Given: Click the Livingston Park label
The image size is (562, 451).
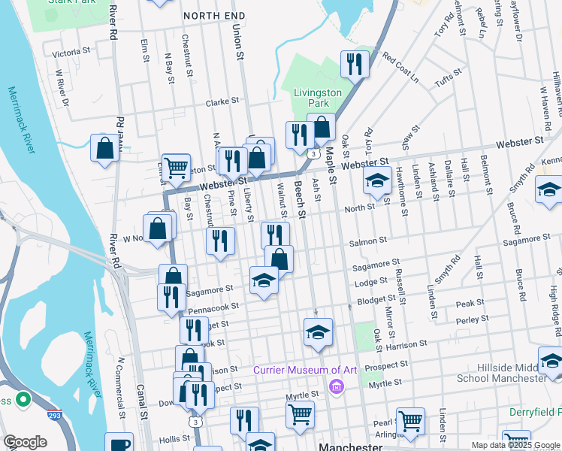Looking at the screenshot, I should pos(318,98).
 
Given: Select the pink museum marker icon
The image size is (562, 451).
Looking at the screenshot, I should pos(336,387).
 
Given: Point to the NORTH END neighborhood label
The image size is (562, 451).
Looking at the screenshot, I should pos(214,15).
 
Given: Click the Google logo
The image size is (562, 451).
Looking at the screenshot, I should pos(26,442).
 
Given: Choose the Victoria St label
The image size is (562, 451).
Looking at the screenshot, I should pos(71,53).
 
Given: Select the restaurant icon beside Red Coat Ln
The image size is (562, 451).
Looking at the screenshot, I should pos(352,65).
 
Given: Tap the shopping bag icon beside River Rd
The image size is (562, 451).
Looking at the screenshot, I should pos(105,147).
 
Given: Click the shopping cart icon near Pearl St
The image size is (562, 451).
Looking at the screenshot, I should pos(411,421).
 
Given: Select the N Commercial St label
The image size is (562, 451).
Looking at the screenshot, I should pos(120,386).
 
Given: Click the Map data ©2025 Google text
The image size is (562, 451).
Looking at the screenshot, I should pos(515,445).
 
